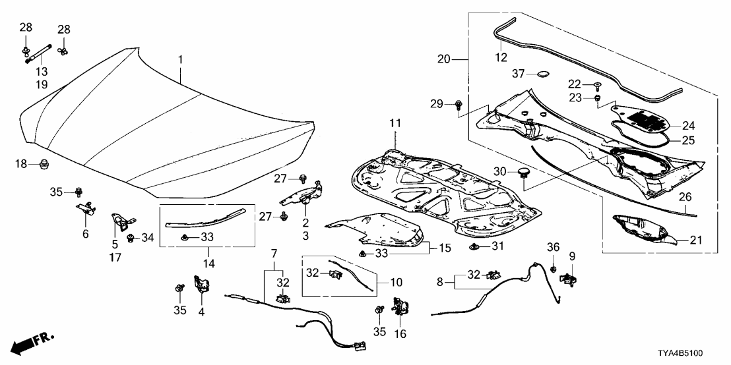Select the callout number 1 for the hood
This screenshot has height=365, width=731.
click(180, 61)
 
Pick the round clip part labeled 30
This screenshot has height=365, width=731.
click(525, 173)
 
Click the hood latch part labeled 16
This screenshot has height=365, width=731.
click(400, 306)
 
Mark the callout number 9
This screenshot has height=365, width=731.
click(572, 256)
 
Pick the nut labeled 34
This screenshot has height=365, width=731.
click(131, 237)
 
